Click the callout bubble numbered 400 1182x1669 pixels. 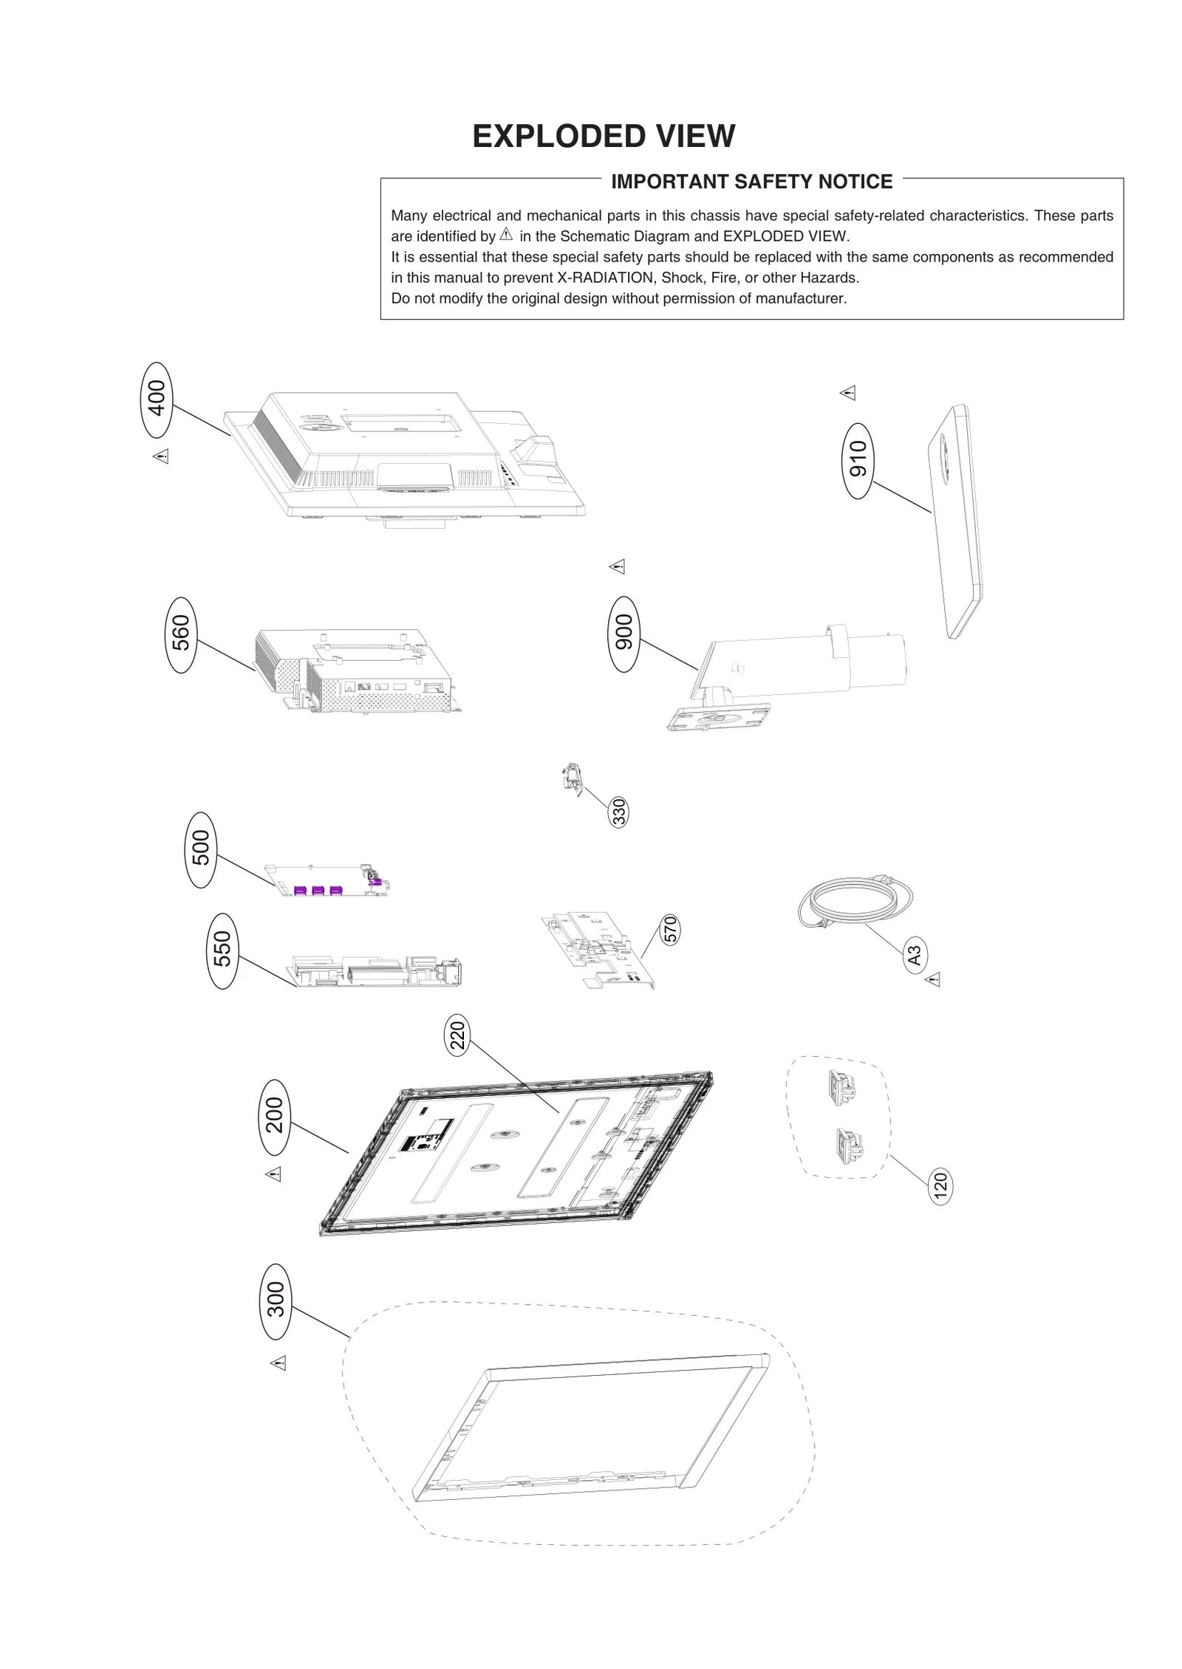[156, 400]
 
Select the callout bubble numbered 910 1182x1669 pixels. [858, 461]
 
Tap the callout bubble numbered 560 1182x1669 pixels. [181, 634]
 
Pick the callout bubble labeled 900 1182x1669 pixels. [624, 634]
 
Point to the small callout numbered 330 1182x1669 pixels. [619, 812]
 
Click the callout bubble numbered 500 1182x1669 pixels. [201, 849]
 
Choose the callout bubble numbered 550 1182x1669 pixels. [222, 950]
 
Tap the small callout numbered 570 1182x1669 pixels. [670, 929]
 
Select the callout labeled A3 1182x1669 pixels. [915, 955]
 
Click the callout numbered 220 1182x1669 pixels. [458, 1035]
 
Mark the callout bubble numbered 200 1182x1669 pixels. [274, 1116]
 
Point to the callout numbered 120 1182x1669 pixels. [940, 1187]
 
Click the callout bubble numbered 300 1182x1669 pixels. [275, 1300]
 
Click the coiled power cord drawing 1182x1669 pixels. [855, 902]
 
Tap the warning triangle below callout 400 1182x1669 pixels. [161, 456]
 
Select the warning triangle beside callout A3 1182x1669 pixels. [933, 980]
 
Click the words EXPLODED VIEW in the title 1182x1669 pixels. [604, 137]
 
